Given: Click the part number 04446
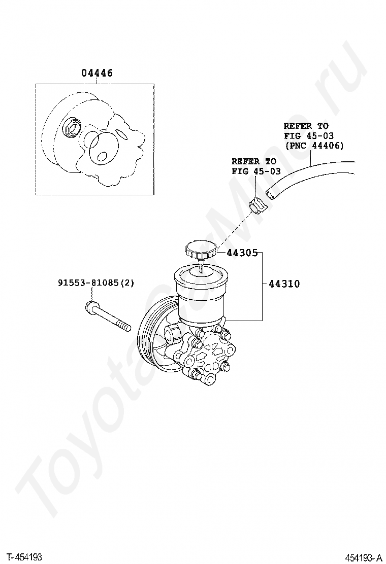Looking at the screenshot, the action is [x=97, y=73].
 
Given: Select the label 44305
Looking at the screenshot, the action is [x=242, y=253].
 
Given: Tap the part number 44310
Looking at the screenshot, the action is [x=284, y=284].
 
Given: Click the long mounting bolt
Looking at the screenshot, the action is [x=108, y=316].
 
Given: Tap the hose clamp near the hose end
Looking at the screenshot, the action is [x=257, y=205].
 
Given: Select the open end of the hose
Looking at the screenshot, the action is [x=270, y=195].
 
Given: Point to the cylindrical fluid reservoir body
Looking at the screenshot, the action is [x=199, y=297].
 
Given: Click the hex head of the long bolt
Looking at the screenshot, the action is [x=91, y=307].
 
